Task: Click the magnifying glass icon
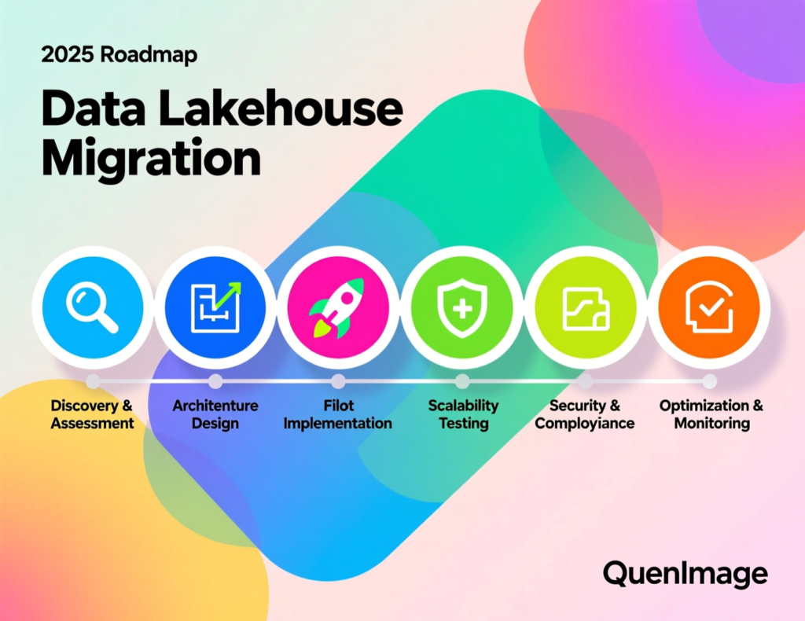[93, 307]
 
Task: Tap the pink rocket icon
[338, 307]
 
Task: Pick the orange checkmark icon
[709, 307]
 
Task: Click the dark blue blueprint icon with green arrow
[215, 307]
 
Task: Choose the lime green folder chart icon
[586, 307]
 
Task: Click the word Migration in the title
[151, 160]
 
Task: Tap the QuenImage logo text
[685, 573]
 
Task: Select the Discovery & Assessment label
[93, 414]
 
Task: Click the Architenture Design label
[215, 414]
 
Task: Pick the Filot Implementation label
[338, 414]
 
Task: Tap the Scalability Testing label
[463, 414]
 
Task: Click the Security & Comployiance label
[586, 414]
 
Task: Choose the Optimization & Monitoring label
[711, 414]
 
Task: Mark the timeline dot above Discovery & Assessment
[93, 381]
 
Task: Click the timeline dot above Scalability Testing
[462, 381]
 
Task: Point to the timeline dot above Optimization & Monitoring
[709, 381]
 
